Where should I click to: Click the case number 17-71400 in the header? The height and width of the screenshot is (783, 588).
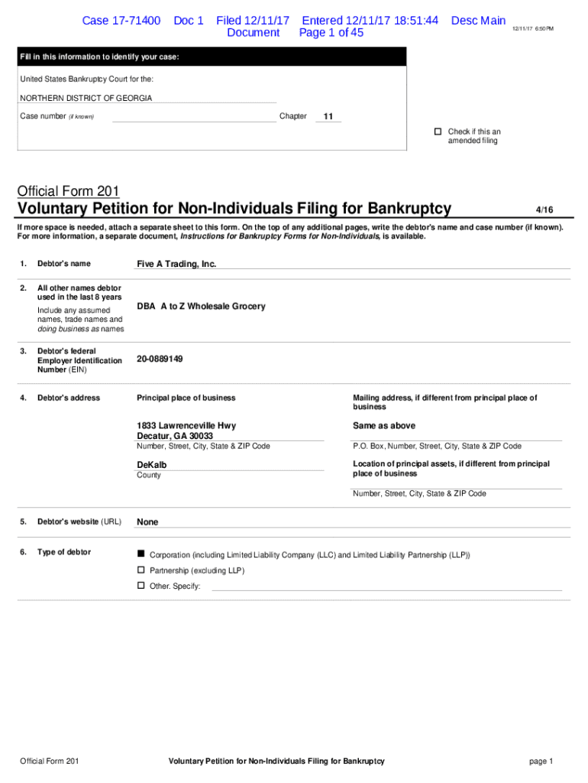pyautogui.click(x=121, y=21)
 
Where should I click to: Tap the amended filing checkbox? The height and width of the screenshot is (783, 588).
pyautogui.click(x=438, y=132)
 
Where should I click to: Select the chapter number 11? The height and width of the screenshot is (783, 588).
pyautogui.click(x=328, y=117)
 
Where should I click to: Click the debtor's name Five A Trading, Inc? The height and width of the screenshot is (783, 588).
pyautogui.click(x=176, y=264)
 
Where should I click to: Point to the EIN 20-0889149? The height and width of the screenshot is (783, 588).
pyautogui.click(x=160, y=359)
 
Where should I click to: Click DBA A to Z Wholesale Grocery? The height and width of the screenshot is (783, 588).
pyautogui.click(x=202, y=307)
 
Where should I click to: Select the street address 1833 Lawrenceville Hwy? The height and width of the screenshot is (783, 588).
pyautogui.click(x=186, y=426)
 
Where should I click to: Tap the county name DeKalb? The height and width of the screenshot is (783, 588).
pyautogui.click(x=152, y=465)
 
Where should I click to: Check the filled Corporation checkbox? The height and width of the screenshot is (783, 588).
pyautogui.click(x=141, y=554)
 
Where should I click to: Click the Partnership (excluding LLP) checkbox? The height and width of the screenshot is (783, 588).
pyautogui.click(x=141, y=570)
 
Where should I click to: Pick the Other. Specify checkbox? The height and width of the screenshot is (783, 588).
pyautogui.click(x=141, y=585)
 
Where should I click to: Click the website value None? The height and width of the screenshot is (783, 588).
pyautogui.click(x=147, y=522)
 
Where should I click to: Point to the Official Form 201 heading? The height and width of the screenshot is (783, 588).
pyautogui.click(x=68, y=192)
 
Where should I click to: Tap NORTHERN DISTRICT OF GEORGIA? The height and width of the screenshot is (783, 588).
pyautogui.click(x=86, y=99)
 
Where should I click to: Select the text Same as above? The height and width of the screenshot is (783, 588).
pyautogui.click(x=384, y=426)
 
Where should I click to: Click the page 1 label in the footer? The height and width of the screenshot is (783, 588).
pyautogui.click(x=540, y=761)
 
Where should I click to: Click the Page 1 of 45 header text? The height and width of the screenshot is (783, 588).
pyautogui.click(x=331, y=33)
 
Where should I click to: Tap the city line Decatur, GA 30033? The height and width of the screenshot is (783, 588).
pyautogui.click(x=175, y=436)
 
